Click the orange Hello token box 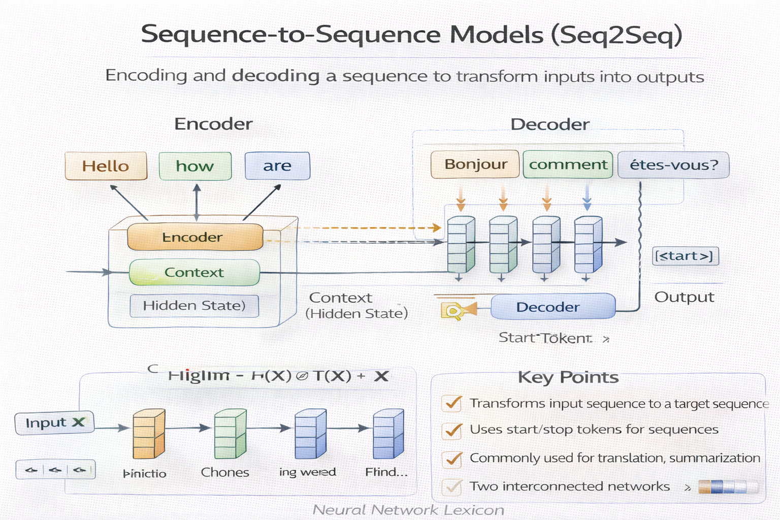106,166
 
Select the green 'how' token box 195,166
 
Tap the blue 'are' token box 277,166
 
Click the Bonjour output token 475,165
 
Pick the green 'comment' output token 568,165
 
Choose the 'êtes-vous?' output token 673,165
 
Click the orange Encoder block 195,237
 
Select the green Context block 194,273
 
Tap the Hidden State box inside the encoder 194,306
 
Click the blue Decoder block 552,307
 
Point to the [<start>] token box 685,256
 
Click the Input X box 54,422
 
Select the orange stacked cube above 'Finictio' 148,434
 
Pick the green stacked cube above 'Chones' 230,434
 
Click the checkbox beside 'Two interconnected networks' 451,486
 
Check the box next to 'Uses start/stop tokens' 451,431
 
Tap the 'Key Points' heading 568,377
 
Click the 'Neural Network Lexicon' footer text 408,509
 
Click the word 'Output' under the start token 684,297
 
